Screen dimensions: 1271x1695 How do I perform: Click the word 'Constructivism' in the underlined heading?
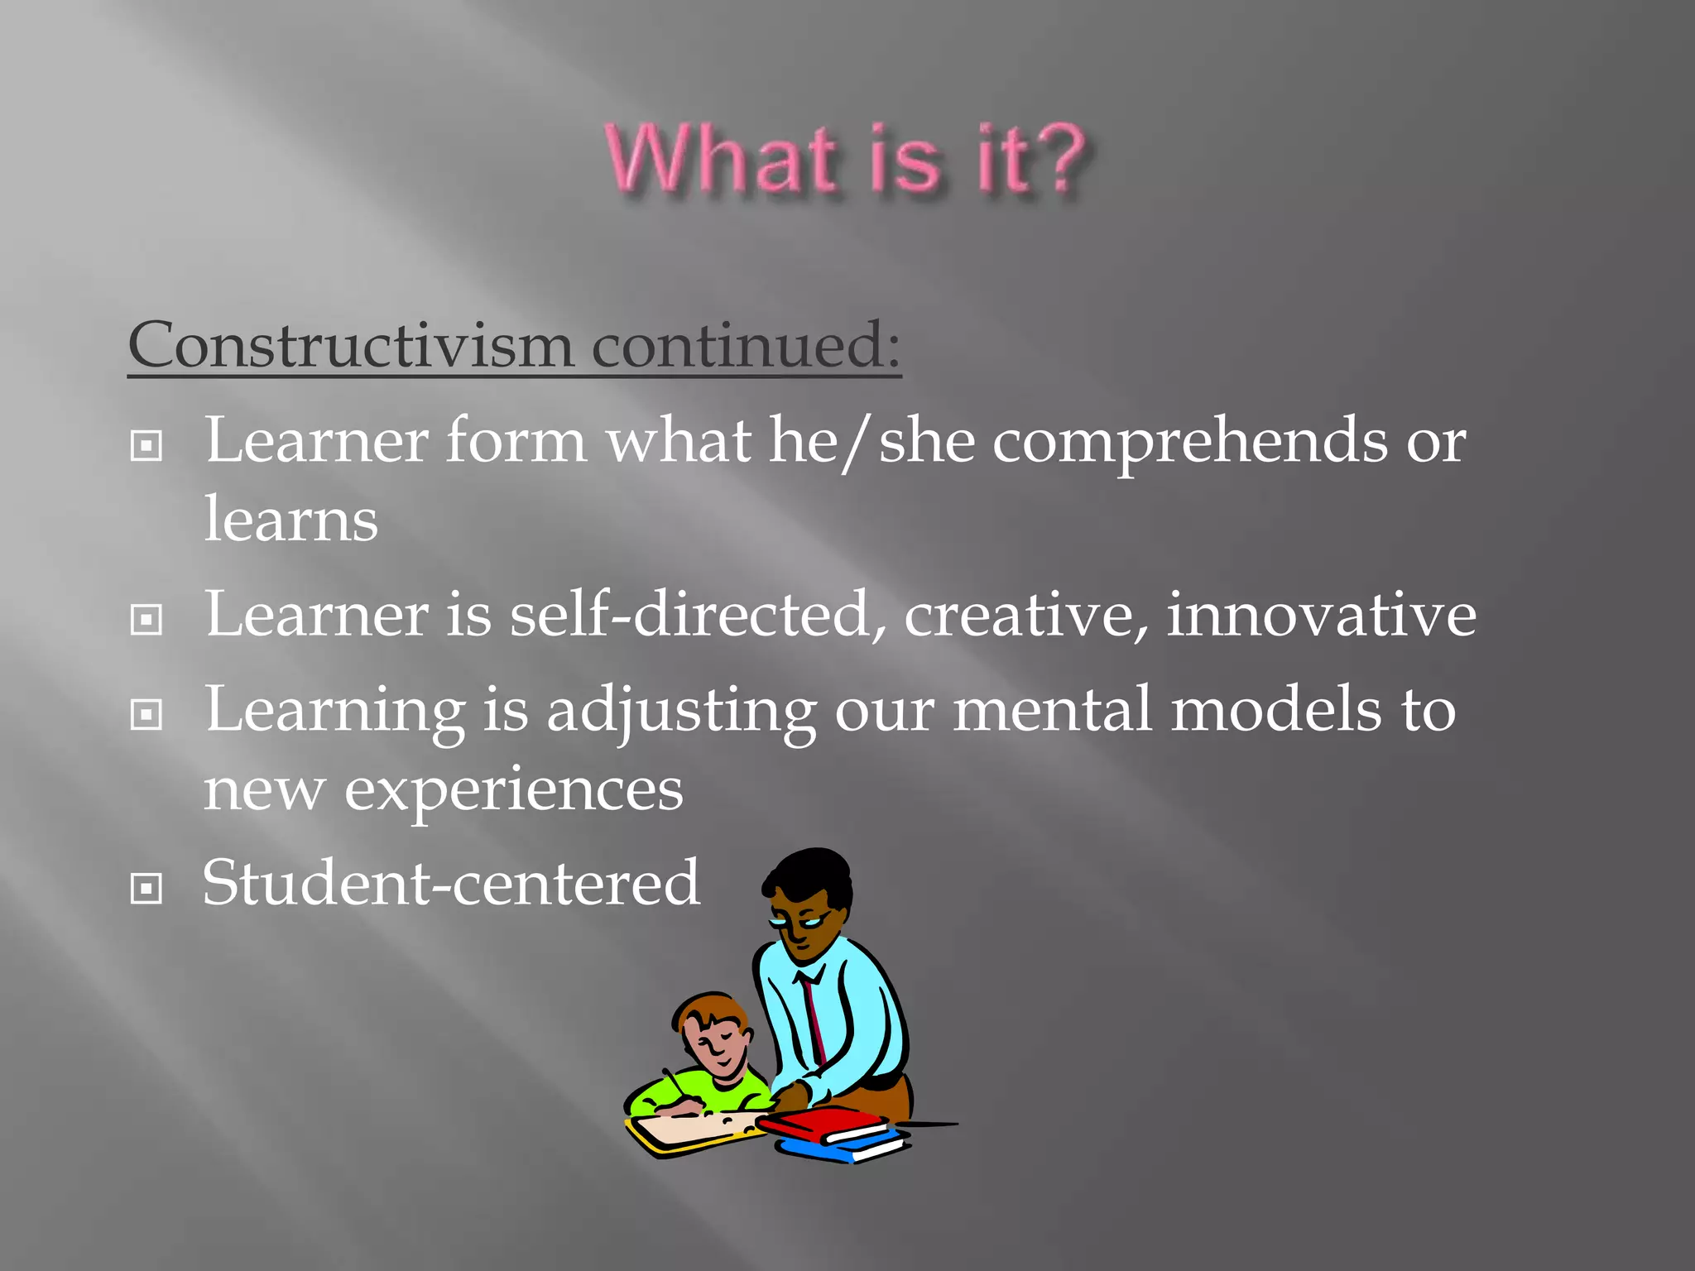pos(351,345)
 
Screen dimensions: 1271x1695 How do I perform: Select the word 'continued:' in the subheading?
pos(746,345)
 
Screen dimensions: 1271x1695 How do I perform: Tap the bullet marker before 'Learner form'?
pos(146,447)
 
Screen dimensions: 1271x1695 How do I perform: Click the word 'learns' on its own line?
pos(291,520)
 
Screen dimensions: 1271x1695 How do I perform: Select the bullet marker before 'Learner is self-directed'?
pos(146,620)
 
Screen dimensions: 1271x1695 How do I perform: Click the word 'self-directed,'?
pos(698,615)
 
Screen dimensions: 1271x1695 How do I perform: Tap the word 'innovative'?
pos(1321,615)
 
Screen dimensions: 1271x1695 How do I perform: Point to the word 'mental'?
pos(1052,709)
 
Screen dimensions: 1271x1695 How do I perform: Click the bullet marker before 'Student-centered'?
pos(146,890)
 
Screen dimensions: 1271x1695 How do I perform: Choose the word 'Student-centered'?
pos(451,883)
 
